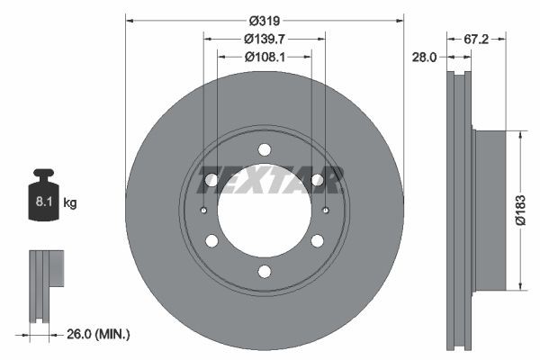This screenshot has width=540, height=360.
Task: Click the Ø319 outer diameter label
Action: coord(263,20)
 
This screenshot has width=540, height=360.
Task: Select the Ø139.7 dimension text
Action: coord(263,39)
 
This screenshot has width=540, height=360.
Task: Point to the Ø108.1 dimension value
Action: coord(264,57)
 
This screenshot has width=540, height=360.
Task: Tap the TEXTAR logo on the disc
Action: coord(271,180)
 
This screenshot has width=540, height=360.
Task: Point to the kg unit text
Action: coord(70,203)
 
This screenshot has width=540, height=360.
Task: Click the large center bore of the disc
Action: coord(264,211)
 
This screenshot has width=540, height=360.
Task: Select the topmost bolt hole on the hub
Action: coord(264,150)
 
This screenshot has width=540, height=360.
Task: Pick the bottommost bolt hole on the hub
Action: coord(264,271)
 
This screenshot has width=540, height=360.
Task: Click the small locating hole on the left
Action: coord(204,211)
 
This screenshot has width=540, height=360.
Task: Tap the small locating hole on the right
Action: coord(324,211)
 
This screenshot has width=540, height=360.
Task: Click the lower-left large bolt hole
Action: coord(211,240)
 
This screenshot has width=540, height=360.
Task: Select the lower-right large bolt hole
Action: coord(317,240)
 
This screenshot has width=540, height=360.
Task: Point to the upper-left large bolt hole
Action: coord(211,180)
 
